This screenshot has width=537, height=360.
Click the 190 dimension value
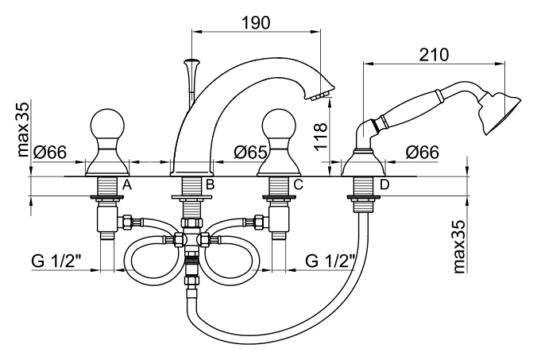254,23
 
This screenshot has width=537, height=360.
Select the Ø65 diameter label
252,151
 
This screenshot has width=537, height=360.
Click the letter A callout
126,185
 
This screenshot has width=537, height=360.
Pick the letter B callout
210,185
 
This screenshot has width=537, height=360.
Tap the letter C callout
298,185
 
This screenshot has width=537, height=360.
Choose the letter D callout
384,185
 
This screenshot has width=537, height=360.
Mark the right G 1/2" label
330,261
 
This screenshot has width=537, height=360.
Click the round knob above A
106,122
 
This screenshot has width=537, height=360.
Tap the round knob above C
279,122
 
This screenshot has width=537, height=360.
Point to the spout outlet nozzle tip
320,95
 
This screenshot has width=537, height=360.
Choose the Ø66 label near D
423,151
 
